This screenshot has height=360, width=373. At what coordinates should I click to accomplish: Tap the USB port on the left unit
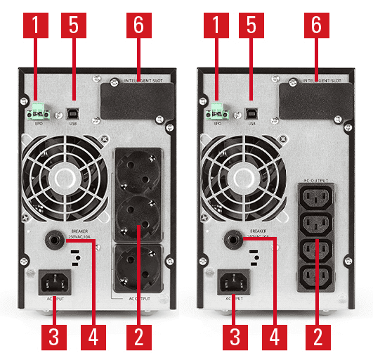pos(75,111)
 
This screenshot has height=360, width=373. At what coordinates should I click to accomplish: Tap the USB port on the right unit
pos(252,111)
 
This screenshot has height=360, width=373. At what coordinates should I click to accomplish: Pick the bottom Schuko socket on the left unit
pos(138,267)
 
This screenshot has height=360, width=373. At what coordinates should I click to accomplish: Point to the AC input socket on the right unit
pos(234,282)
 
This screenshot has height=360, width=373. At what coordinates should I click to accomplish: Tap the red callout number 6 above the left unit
pos(138,27)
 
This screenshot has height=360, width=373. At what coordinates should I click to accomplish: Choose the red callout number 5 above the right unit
pos(252,27)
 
